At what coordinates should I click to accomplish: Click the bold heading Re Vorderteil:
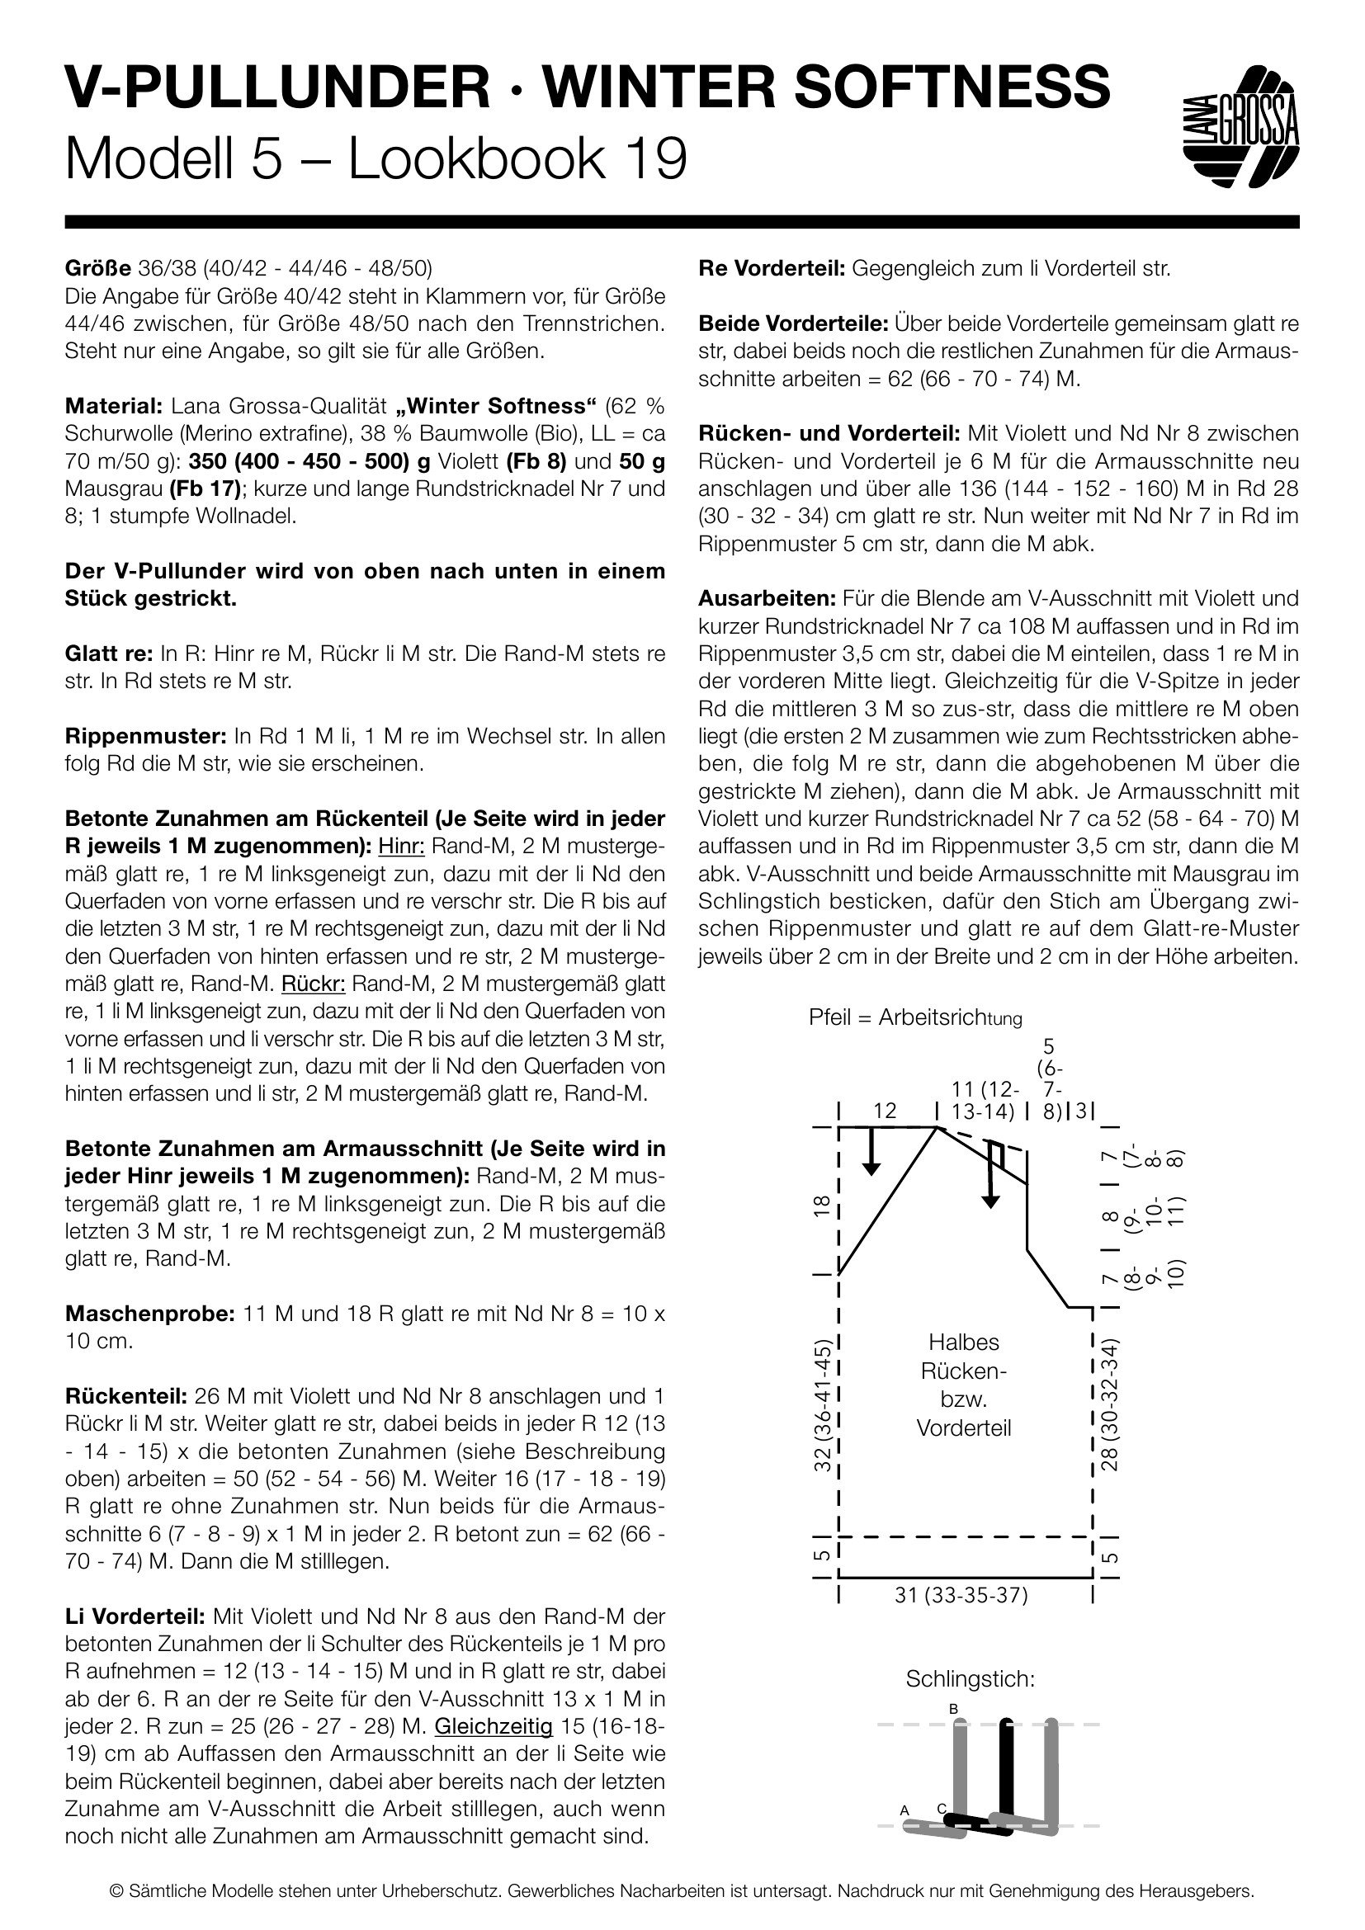point(772,269)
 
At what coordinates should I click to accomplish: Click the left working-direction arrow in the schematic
point(871,1151)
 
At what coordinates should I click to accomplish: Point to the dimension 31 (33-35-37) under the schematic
point(961,1595)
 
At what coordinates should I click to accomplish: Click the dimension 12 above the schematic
point(884,1111)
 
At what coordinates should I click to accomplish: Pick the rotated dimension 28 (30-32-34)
point(1109,1404)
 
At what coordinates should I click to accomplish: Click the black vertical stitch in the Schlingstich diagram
point(1005,1769)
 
